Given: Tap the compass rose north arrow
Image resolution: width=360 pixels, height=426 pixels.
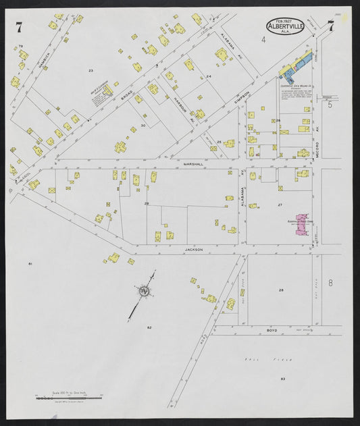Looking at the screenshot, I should click(x=145, y=291).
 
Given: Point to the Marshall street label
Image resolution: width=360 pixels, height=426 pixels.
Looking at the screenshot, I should click(x=192, y=163).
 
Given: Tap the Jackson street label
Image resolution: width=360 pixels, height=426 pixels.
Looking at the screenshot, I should click(x=193, y=249).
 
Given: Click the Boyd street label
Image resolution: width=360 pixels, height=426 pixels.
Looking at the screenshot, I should click(x=272, y=329).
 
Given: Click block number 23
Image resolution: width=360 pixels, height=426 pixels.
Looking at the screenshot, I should click(x=90, y=70).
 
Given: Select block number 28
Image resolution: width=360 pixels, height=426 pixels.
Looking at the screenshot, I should click(x=280, y=290).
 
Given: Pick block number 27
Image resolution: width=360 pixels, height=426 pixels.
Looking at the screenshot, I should click(x=280, y=203).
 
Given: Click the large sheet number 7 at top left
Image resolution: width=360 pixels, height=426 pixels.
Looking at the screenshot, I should click(x=19, y=27).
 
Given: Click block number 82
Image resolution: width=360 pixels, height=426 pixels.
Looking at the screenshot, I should click(x=149, y=327).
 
